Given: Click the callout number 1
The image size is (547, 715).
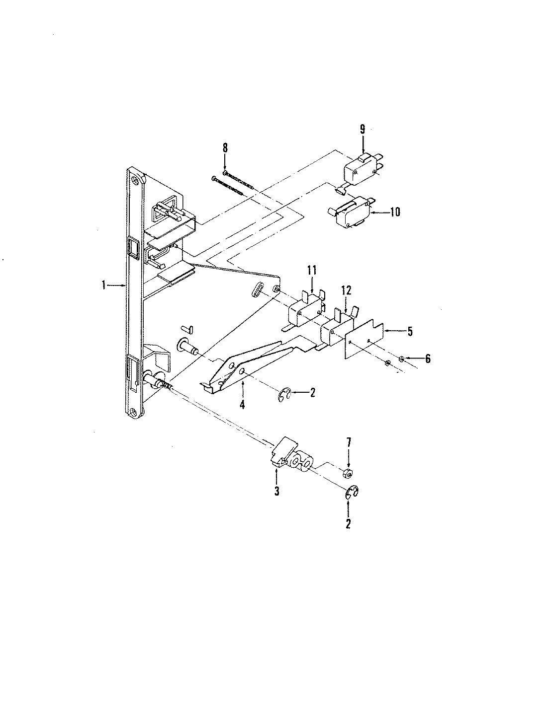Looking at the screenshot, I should (104, 285).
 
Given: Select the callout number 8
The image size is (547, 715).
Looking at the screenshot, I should (225, 147).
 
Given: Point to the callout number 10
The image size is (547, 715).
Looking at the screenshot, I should (395, 213).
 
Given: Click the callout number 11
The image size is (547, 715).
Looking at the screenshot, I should (312, 271).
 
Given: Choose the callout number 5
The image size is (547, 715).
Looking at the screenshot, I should (410, 332).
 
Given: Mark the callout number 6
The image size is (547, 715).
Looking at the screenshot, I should (428, 358).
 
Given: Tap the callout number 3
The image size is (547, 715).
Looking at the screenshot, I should (276, 491).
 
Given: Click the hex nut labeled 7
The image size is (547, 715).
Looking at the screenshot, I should (348, 470).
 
